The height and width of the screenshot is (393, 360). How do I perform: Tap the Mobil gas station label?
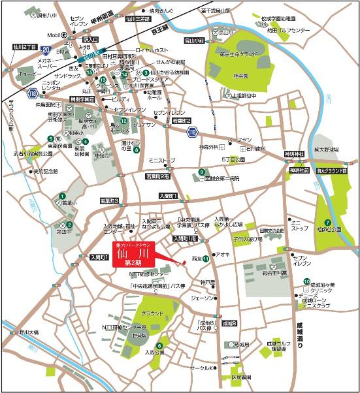click(54, 35)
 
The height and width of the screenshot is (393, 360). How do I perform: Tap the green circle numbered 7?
click(327, 204)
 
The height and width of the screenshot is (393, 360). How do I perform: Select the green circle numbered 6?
click(159, 346)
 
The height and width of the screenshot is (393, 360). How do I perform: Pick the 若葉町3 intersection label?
click(108, 201)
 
